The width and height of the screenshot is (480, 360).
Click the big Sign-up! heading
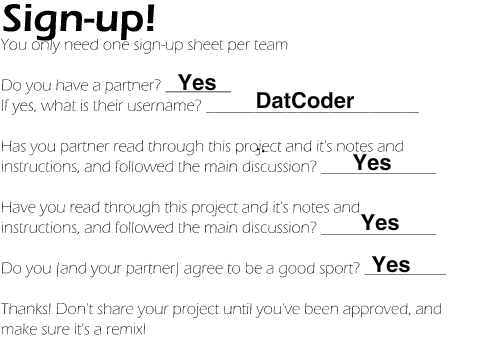tap(79, 20)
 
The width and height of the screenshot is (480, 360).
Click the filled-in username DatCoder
tap(305, 100)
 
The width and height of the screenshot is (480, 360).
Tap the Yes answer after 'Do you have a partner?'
tap(197, 82)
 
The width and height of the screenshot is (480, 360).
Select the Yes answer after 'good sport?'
tap(391, 264)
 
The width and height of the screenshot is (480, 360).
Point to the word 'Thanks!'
tap(26, 309)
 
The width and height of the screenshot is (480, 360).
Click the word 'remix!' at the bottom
tap(126, 329)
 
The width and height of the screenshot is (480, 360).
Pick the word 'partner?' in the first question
tap(133, 86)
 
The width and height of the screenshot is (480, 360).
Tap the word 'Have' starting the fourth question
tap(19, 208)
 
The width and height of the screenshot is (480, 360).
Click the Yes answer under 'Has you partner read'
tap(372, 163)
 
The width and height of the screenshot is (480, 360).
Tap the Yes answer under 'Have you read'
tap(380, 222)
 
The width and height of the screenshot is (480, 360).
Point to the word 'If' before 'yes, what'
tap(5, 106)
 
